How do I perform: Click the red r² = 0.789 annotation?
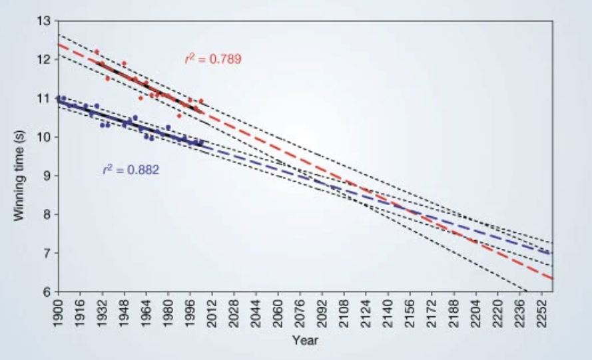tap(212, 59)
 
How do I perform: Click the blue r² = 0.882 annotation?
tap(131, 170)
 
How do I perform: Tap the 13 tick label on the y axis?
tap(45, 21)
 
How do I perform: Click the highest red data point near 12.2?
tap(97, 51)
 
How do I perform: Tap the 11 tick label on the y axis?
tap(45, 98)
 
